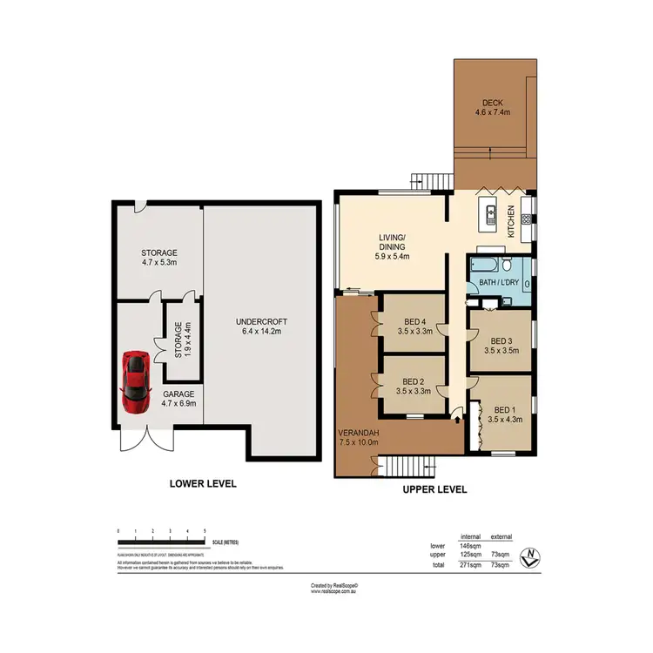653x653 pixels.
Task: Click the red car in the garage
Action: click(x=135, y=381)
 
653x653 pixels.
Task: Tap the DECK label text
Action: click(x=492, y=101)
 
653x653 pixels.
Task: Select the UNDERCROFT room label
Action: click(x=261, y=322)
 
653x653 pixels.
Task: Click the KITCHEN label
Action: click(x=512, y=221)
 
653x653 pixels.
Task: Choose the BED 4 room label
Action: click(x=414, y=320)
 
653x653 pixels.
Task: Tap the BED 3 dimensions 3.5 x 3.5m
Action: click(x=502, y=353)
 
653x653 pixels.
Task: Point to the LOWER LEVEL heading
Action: click(x=202, y=483)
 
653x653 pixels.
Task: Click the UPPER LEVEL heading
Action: click(x=434, y=489)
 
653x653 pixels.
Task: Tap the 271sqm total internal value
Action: click(x=471, y=565)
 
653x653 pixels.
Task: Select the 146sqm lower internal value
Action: click(x=471, y=546)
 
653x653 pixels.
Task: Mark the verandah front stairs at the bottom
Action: click(x=409, y=468)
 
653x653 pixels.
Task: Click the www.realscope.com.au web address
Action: click(x=334, y=591)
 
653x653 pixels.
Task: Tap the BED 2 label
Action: click(x=414, y=381)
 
